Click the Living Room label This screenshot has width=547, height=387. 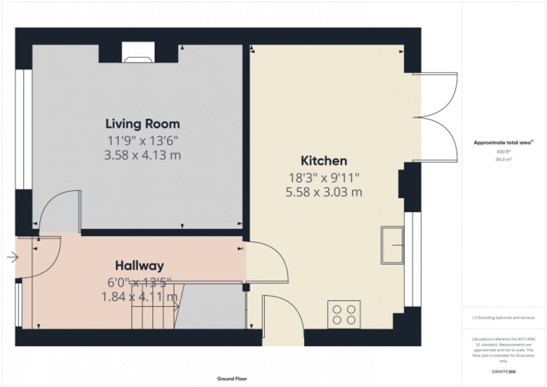[143, 123]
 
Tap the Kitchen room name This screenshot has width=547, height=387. [324, 161]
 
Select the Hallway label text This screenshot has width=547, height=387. [139, 265]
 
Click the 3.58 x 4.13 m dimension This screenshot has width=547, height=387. [143, 155]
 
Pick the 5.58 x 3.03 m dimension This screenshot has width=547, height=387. [324, 193]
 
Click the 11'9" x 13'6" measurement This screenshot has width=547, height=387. [143, 140]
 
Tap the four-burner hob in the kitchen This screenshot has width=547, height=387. [344, 314]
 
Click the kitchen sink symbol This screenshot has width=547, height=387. [393, 245]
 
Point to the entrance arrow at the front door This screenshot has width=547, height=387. [12, 257]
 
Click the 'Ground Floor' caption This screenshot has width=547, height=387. [232, 379]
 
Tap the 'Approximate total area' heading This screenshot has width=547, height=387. [503, 143]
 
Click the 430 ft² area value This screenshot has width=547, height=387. [504, 151]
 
